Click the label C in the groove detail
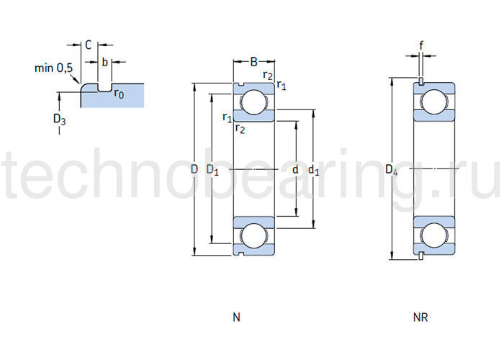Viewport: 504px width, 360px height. (x=88, y=45)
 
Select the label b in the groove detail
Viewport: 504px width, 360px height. (x=104, y=62)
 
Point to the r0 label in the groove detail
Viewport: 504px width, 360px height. (x=118, y=94)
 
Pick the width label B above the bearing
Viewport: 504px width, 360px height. (x=253, y=61)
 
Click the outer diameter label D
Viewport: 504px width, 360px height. (x=194, y=170)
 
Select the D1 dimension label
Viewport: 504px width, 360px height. (x=212, y=170)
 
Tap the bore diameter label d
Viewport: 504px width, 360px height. (x=295, y=170)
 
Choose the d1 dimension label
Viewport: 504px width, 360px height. (x=313, y=170)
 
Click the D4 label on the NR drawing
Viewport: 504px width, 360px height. (x=391, y=170)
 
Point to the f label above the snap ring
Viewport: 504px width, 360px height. (x=421, y=44)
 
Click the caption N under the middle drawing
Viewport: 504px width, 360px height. (x=237, y=317)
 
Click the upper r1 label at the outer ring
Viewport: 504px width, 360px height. (x=282, y=86)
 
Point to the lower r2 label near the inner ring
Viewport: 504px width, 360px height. (x=240, y=130)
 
